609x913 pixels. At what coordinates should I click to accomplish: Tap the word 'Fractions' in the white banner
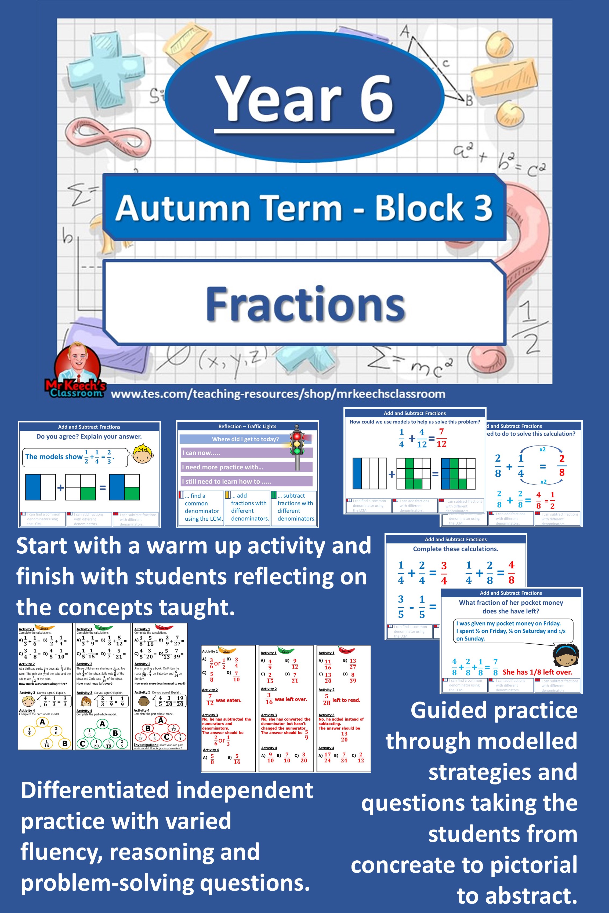tap(305, 304)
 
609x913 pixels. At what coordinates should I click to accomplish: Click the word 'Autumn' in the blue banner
tap(182, 208)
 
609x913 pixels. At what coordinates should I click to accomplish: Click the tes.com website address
tap(278, 394)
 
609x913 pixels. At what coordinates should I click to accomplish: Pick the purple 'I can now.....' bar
tap(246, 453)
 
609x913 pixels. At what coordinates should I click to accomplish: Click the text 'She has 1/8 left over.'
tap(537, 672)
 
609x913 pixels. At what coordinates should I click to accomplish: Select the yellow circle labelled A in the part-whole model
tap(42, 722)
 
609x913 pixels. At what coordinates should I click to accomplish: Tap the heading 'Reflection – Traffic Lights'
tap(247, 426)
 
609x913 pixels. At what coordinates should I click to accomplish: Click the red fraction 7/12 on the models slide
tap(441, 437)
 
